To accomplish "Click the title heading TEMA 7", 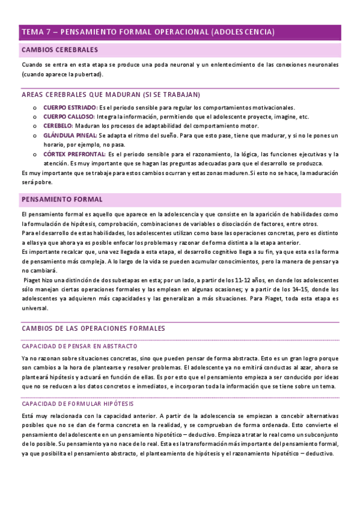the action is click(148, 32).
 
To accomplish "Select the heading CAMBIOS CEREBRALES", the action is click(59, 49).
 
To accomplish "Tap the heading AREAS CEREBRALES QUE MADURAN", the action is click(111, 95).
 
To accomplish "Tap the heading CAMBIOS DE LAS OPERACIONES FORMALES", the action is click(93, 328).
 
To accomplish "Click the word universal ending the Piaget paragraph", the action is click(34, 309).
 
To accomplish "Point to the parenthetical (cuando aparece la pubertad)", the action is click(62, 74).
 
